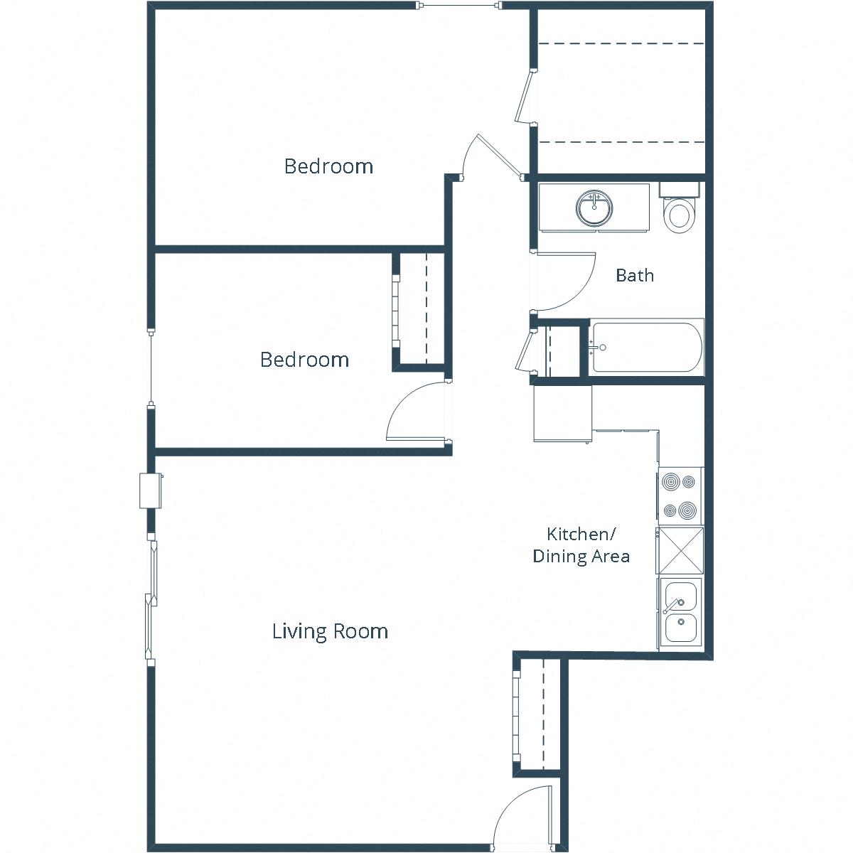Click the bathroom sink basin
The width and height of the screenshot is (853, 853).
tap(594, 208)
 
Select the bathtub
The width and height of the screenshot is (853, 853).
tap(646, 348)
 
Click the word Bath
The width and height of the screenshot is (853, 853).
tap(634, 275)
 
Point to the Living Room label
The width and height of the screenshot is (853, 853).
tap(330, 631)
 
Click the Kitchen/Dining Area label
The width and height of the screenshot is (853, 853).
tap(581, 545)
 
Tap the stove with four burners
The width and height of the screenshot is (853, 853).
tap(679, 495)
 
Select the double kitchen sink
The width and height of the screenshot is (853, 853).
tap(680, 612)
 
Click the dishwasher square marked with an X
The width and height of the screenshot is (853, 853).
tap(680, 550)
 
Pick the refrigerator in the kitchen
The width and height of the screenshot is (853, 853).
tap(562, 413)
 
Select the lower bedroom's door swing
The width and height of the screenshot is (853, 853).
tap(417, 412)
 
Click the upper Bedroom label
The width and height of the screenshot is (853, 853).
tap(328, 166)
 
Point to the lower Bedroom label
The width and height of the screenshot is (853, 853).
tap(304, 360)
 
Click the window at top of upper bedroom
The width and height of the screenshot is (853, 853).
tap(459, 6)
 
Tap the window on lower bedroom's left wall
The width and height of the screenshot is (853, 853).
tap(151, 368)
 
